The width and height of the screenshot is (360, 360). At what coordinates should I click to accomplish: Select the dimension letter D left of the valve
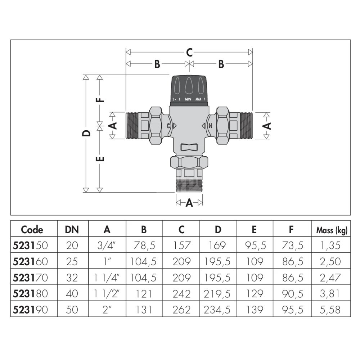(86, 133)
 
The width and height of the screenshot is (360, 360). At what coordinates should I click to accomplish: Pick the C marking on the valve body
(168, 126)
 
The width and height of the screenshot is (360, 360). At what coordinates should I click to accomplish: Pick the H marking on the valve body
(210, 126)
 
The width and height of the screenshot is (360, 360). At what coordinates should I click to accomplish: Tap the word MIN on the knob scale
(188, 99)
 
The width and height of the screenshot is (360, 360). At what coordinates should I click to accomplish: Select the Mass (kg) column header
(332, 230)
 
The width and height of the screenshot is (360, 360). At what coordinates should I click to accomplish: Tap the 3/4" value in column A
(107, 246)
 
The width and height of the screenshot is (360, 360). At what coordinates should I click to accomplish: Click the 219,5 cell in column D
(218, 293)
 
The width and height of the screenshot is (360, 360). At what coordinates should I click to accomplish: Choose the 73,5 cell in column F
(292, 246)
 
